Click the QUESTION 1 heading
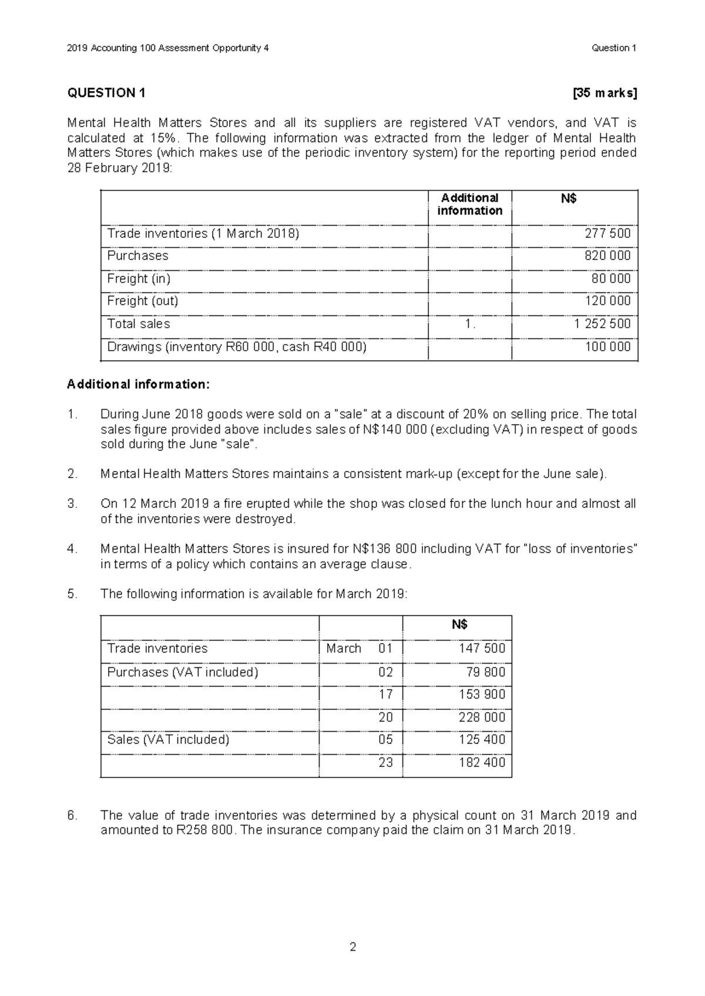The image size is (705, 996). (106, 93)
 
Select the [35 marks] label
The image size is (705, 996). (605, 93)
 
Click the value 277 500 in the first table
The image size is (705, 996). (607, 233)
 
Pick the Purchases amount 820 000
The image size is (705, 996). (607, 255)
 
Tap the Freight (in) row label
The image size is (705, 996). (139, 278)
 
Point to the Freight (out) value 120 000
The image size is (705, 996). (607, 301)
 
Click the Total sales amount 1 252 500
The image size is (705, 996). (603, 324)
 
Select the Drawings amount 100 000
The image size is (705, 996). (607, 346)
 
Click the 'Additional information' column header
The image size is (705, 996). (469, 204)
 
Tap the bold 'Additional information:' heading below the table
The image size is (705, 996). (138, 384)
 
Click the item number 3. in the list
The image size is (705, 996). (72, 504)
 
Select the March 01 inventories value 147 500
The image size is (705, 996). (482, 648)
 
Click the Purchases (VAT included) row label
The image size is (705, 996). (182, 672)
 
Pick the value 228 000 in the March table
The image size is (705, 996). (482, 717)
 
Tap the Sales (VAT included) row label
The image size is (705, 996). (168, 739)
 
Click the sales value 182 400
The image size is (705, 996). (482, 762)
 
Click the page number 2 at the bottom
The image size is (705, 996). (352, 947)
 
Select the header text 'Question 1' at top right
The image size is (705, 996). (614, 48)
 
